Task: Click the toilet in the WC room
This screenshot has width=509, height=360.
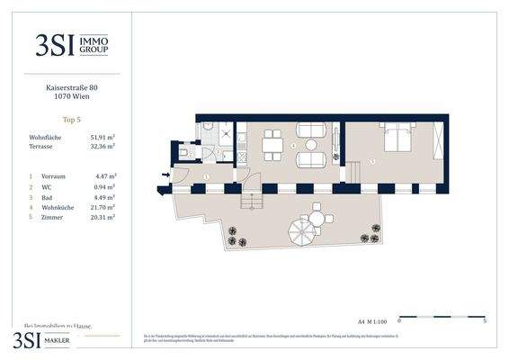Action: click(183, 154)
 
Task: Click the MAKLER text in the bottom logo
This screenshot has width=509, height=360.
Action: click(64, 340)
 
